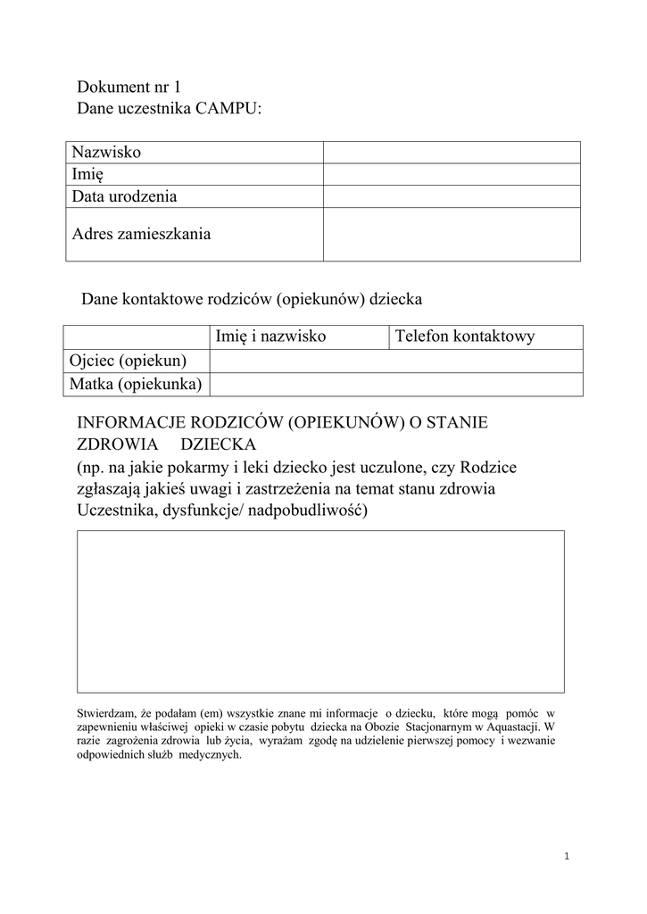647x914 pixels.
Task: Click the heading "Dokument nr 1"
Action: point(129,87)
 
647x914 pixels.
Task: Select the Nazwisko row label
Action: point(106,153)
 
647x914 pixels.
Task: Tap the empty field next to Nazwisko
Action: point(452,153)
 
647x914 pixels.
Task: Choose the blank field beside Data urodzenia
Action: point(452,196)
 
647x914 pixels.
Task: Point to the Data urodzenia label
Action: point(125,196)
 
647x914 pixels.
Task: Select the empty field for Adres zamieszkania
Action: point(452,235)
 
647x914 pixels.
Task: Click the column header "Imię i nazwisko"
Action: point(270,337)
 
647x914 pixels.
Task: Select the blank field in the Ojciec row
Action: point(396,361)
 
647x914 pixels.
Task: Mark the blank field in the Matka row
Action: point(396,384)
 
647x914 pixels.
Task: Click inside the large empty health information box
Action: point(320,611)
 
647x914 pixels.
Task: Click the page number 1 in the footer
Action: point(567,857)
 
